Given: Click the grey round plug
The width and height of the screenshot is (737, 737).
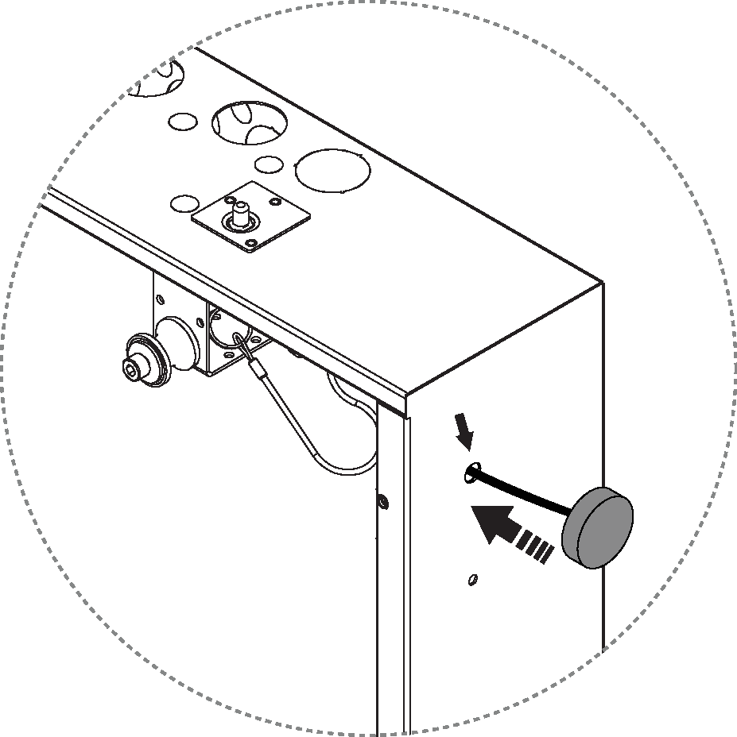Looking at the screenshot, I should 598,528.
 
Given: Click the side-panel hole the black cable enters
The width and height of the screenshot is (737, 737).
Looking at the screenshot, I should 470,473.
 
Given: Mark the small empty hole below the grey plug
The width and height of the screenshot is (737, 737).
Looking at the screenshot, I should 474,580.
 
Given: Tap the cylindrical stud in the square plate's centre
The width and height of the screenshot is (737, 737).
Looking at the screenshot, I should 239,214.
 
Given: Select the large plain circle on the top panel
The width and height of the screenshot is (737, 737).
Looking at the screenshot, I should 332,169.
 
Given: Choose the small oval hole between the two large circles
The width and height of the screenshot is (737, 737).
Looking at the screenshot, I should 269,164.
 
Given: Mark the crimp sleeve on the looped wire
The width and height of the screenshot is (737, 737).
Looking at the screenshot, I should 258,368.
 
